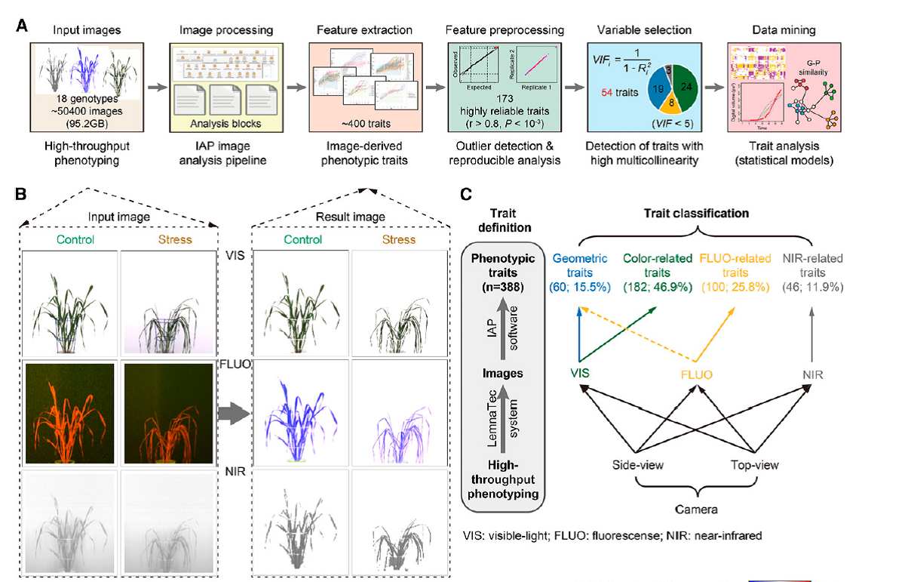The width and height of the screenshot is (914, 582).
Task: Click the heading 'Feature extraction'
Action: click(365, 30)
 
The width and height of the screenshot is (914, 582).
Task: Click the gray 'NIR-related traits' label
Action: click(810, 265)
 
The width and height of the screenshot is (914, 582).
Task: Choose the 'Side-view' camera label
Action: click(638, 465)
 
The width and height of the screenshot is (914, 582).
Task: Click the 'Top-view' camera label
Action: click(756, 465)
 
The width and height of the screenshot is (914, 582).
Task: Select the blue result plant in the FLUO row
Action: click(300, 414)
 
